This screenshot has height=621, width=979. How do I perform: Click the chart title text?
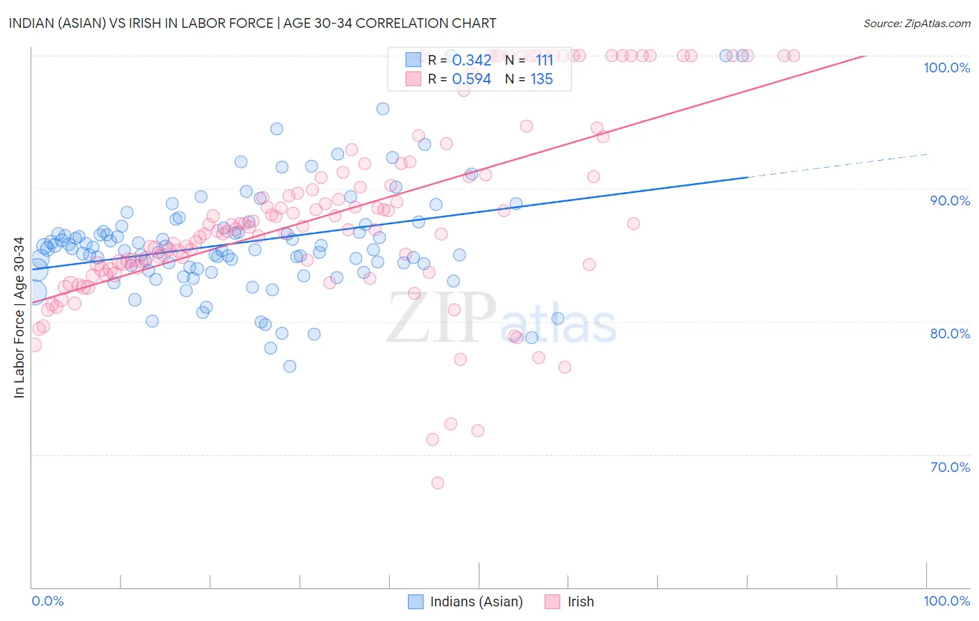pos(252,23)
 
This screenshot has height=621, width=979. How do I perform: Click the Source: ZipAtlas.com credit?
pos(916,23)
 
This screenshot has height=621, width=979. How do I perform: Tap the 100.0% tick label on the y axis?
pos(946,68)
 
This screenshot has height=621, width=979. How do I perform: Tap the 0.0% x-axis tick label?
pos(47,601)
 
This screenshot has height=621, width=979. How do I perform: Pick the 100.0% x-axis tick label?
pos(946,601)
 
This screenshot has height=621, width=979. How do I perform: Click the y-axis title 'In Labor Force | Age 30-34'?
pos(19,317)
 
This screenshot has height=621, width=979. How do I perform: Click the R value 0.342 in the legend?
pos(471,61)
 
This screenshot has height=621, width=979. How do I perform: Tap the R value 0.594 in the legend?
pos(471,79)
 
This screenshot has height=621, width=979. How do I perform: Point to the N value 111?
pos(544,61)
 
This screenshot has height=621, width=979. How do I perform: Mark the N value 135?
pos(542,79)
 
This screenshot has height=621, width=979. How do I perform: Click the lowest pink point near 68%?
pos(438,482)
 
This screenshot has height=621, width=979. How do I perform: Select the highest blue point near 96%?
pos(383,109)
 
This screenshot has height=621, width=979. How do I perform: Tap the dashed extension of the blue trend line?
pos(836,166)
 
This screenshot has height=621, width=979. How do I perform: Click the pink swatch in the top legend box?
pos(414,79)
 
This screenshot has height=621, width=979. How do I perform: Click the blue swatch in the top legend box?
pos(414,60)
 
